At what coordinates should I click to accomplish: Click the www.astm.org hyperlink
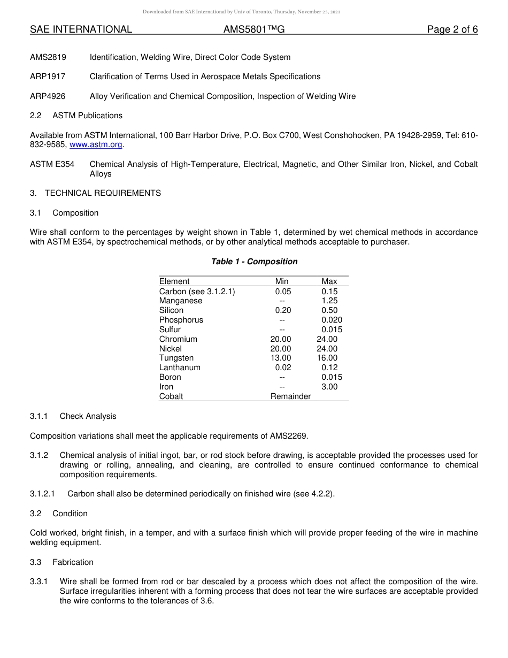click(96, 145)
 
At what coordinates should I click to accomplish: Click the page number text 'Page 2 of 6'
click(452, 30)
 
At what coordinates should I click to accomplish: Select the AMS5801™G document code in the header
click(253, 30)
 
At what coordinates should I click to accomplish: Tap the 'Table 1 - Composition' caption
click(254, 262)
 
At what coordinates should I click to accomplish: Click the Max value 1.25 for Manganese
click(329, 301)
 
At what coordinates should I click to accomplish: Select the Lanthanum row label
click(180, 368)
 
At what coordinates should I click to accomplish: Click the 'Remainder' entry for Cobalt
click(290, 396)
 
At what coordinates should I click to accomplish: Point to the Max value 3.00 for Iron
click(329, 387)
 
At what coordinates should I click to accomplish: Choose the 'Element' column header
click(174, 281)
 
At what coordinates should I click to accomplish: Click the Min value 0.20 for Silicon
click(283, 310)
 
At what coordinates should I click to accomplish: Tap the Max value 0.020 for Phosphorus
click(332, 320)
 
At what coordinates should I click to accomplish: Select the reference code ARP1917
click(48, 76)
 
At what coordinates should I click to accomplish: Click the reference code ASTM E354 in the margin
click(52, 164)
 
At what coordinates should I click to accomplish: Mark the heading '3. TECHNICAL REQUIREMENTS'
click(95, 193)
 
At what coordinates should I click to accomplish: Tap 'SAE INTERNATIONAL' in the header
click(81, 30)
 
